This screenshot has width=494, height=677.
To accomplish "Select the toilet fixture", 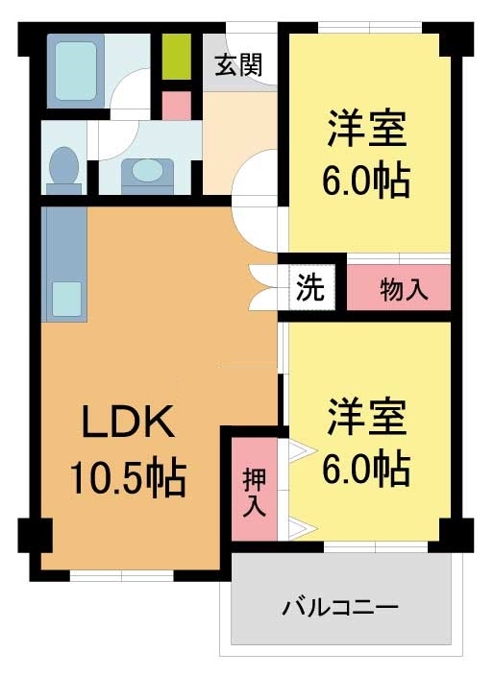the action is click(x=64, y=171).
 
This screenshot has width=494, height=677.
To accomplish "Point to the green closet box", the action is click(x=177, y=57).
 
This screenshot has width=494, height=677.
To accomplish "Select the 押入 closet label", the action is click(x=254, y=492).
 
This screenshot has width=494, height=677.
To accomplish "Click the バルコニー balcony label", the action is click(x=340, y=608).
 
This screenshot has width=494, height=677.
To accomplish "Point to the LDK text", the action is click(x=129, y=422).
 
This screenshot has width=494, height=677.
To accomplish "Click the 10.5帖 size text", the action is click(x=129, y=477).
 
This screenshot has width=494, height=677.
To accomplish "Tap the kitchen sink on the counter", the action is click(x=67, y=300).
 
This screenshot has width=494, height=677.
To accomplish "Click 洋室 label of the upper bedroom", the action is click(x=367, y=129).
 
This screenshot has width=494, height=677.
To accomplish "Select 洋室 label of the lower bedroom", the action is click(x=367, y=417).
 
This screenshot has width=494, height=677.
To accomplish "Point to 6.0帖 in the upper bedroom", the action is click(x=365, y=181).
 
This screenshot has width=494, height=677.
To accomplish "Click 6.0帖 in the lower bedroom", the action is click(x=365, y=469).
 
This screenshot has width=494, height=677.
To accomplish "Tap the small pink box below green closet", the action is click(x=177, y=106).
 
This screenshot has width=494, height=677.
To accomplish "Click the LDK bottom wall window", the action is click(x=121, y=576).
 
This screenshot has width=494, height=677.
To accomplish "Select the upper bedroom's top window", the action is click(x=370, y=27).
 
